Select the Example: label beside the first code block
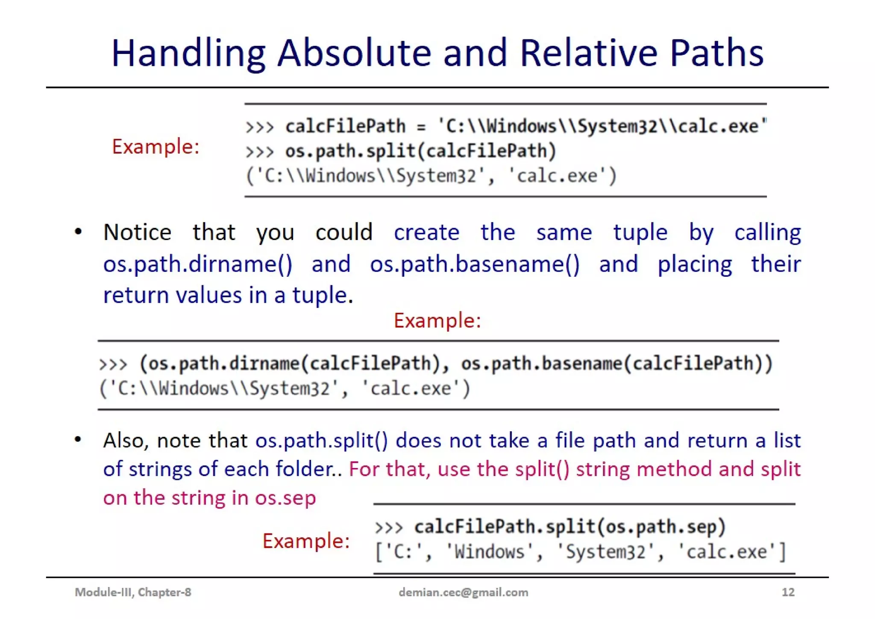156,147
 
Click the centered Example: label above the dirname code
437,320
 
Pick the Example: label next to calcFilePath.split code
306,541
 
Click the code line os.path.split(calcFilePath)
420,151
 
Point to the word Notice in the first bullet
137,232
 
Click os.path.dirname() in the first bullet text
198,264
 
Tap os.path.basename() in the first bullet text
475,264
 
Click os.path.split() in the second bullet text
322,441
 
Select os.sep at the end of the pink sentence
285,498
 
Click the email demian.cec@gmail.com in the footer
463,592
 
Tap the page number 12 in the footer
788,592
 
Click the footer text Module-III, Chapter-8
133,592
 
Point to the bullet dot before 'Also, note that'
78,439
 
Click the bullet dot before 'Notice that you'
78,232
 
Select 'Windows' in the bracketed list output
489,552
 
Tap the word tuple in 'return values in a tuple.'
320,295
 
